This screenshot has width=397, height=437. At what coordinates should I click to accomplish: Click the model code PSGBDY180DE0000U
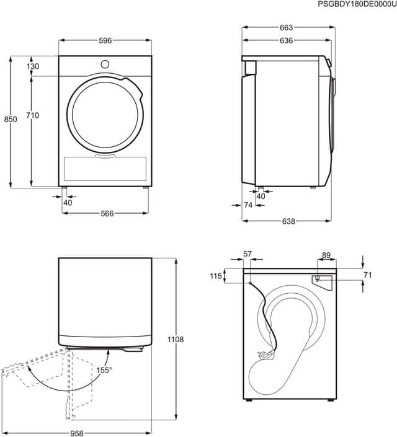(x=357, y=4)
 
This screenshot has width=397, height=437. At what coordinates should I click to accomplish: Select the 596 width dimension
(x=105, y=41)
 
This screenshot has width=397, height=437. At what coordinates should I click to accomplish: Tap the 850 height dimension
(x=11, y=119)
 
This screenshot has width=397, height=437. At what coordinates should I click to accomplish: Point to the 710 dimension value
(x=33, y=115)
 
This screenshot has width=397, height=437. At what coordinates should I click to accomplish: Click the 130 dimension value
(x=33, y=66)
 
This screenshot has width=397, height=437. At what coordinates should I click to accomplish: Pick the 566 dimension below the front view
(x=107, y=214)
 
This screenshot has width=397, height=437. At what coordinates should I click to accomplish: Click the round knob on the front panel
(x=105, y=64)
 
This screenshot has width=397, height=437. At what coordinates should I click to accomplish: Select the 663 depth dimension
(x=286, y=28)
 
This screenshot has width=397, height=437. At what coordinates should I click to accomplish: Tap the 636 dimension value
(x=286, y=41)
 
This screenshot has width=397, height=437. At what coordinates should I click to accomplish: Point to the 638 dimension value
(x=288, y=221)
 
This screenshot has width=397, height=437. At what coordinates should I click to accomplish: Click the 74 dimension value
(x=248, y=205)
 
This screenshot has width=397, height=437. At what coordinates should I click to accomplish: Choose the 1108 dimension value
(x=176, y=340)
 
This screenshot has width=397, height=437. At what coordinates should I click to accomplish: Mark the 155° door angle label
(x=104, y=371)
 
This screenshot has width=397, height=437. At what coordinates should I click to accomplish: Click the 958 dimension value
(x=76, y=433)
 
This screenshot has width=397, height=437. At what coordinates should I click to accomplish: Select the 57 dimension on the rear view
(x=248, y=254)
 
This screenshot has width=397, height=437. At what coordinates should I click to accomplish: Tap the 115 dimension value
(x=216, y=276)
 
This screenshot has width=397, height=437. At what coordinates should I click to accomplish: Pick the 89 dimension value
(x=326, y=255)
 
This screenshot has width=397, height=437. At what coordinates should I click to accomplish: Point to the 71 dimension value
(x=368, y=275)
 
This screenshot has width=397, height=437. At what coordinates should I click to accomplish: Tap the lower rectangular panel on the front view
(x=105, y=169)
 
